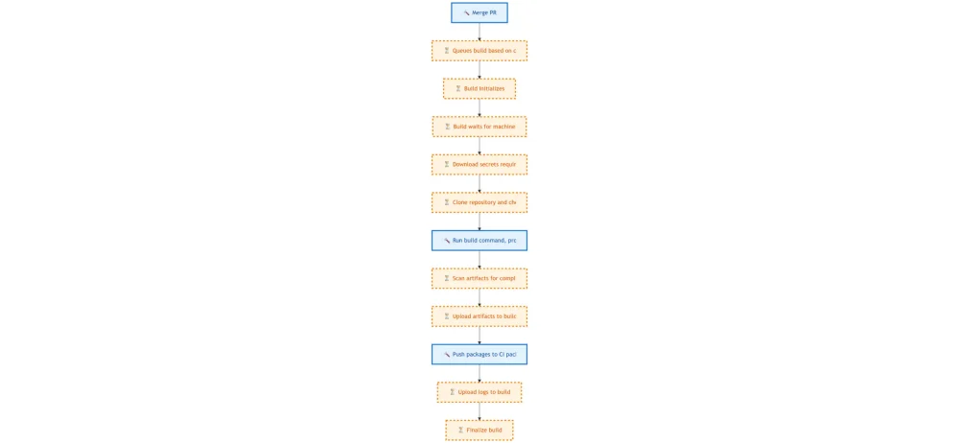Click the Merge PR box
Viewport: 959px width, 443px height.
coord(479,12)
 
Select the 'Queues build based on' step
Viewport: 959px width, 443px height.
coord(479,51)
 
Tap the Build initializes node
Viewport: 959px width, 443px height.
coord(479,88)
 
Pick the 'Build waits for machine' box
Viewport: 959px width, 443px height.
coord(479,127)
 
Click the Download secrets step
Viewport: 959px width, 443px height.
coord(479,164)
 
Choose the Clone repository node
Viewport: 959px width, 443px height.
coord(479,202)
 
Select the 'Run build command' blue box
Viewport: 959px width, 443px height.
coord(479,240)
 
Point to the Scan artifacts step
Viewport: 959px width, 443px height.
coord(479,278)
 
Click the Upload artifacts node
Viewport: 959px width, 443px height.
coord(479,315)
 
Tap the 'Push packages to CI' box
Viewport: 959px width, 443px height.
coord(479,354)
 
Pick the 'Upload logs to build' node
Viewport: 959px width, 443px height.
coord(479,391)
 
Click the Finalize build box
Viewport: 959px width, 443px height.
coord(479,430)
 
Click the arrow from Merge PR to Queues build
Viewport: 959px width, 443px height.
coord(479,32)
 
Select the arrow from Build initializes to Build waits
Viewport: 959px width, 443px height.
coord(479,107)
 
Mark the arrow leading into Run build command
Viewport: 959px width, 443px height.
coord(479,221)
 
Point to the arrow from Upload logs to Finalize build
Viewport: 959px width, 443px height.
coord(479,410)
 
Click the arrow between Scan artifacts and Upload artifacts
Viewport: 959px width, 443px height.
coord(479,297)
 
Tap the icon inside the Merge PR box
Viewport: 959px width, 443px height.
coord(466,12)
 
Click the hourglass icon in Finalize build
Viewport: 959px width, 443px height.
coord(460,430)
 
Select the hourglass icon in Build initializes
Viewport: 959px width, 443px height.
coord(458,88)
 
